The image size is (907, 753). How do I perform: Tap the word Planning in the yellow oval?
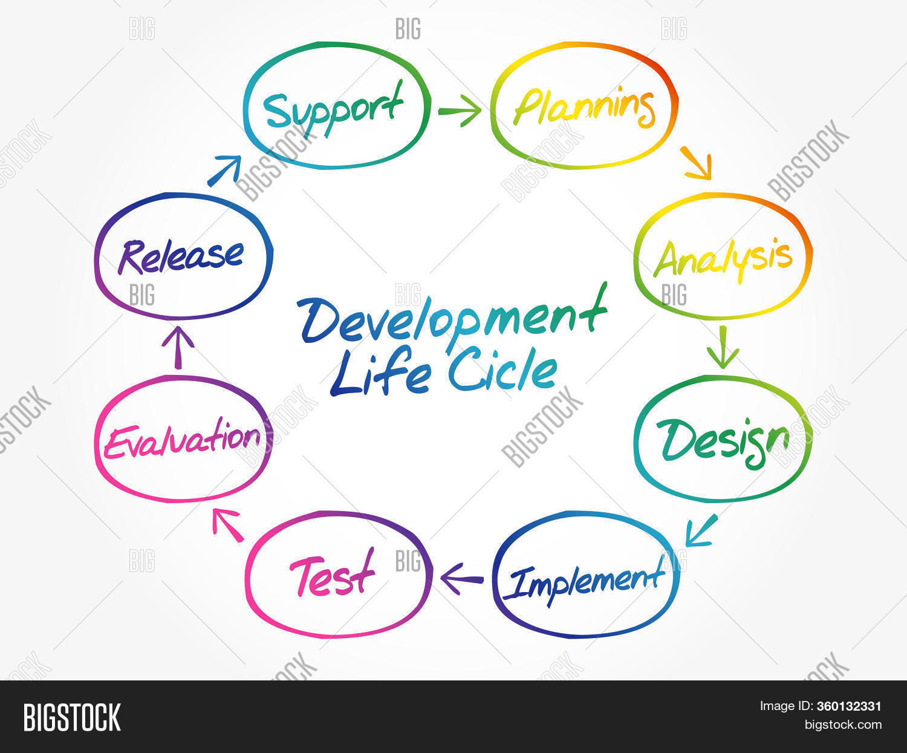coord(584,108)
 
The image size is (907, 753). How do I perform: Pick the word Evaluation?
coord(182,440)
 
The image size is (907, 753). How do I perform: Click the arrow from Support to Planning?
coord(460,111)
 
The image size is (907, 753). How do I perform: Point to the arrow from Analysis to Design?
coord(723,347)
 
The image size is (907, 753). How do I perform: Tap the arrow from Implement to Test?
coord(462,579)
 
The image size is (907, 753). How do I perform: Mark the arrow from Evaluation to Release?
coord(178,347)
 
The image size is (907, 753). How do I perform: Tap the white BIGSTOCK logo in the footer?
coord(72,717)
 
